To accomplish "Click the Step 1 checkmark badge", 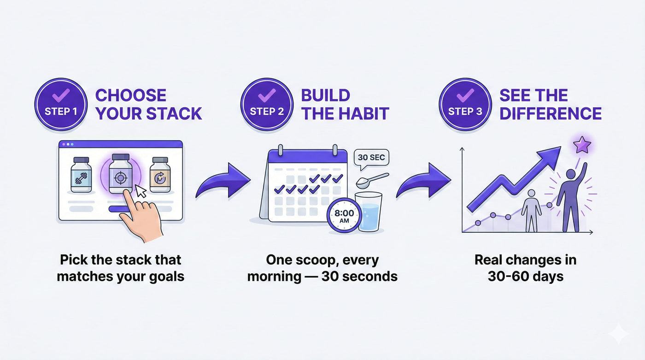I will [x=61, y=105].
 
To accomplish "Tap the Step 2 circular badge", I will [x=267, y=105].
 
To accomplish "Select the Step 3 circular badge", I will [x=465, y=105].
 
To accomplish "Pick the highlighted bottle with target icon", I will [x=119, y=174].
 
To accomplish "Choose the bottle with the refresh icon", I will [x=160, y=175].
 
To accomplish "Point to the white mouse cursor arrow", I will [x=141, y=191].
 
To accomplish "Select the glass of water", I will [x=370, y=212].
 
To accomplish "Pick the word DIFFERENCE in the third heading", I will [x=551, y=113].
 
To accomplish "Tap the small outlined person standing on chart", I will [x=531, y=212].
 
